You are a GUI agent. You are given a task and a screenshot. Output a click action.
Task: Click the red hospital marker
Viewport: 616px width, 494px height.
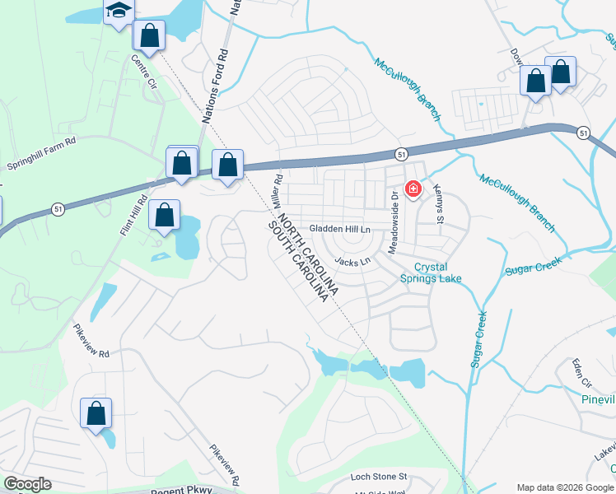click(x=413, y=189)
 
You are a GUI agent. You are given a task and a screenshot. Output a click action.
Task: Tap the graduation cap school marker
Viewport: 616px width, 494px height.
click(x=119, y=11)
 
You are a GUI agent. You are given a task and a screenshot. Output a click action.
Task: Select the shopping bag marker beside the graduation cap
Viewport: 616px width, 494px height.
click(x=149, y=35)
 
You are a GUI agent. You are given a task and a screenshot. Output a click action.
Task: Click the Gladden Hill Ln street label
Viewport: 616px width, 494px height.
click(x=340, y=228)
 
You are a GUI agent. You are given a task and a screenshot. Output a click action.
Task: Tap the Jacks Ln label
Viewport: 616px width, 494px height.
click(x=352, y=262)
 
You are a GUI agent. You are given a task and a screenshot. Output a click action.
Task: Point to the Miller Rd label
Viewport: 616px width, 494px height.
click(x=278, y=190)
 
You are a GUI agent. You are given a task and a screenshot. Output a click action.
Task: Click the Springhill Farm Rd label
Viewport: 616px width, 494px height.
click(x=41, y=153)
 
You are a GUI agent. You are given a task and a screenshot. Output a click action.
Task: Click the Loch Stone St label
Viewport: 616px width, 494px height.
click(x=379, y=476)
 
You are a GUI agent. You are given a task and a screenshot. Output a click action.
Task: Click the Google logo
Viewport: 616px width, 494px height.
click(x=27, y=483)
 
